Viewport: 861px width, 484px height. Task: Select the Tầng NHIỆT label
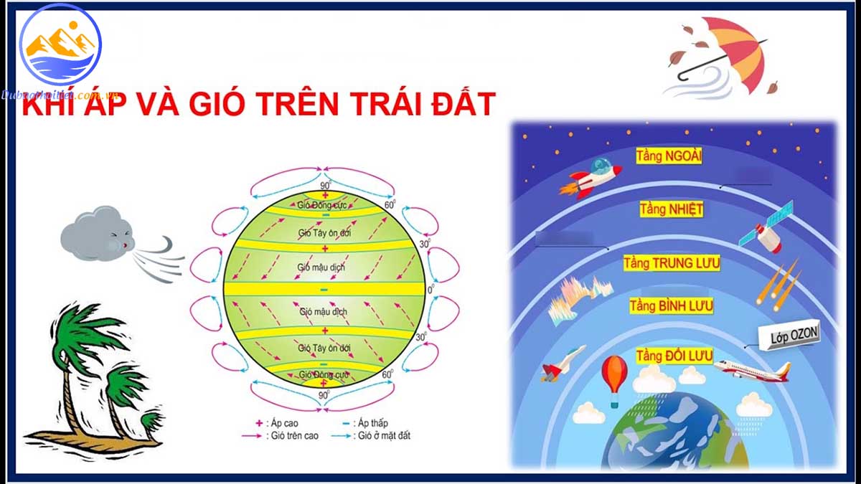671,209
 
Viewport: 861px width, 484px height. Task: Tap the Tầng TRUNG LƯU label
672,263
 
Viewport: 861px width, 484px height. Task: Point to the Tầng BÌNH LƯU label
672,307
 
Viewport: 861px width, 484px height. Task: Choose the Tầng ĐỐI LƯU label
674,356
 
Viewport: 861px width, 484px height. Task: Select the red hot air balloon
614,378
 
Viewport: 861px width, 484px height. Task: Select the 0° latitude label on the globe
430,290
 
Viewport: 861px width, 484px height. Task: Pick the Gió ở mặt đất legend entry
377,435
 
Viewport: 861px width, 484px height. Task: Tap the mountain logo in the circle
61,43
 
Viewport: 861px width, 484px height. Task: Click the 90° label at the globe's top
324,186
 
